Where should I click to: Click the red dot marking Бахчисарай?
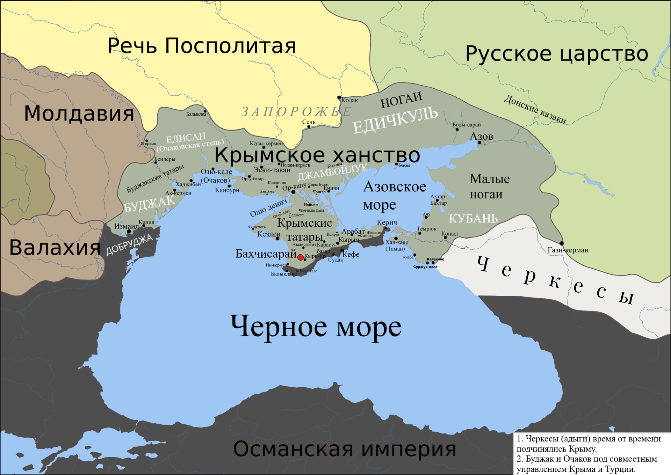[300, 257]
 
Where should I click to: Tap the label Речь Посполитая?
[202, 46]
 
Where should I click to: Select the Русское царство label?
[557, 54]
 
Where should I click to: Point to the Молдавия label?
[79, 114]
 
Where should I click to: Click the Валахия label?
[55, 248]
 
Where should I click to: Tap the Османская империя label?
[345, 449]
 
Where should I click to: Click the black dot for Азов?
[479, 142]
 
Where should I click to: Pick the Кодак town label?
[349, 100]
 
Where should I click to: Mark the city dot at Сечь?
[309, 126]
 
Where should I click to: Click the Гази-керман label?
[568, 250]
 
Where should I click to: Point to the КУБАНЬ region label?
[473, 219]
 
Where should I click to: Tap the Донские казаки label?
[535, 109]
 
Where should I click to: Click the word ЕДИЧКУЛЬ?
[395, 120]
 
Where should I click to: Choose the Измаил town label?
[126, 226]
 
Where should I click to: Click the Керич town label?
[387, 222]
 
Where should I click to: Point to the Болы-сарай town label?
[467, 125]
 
